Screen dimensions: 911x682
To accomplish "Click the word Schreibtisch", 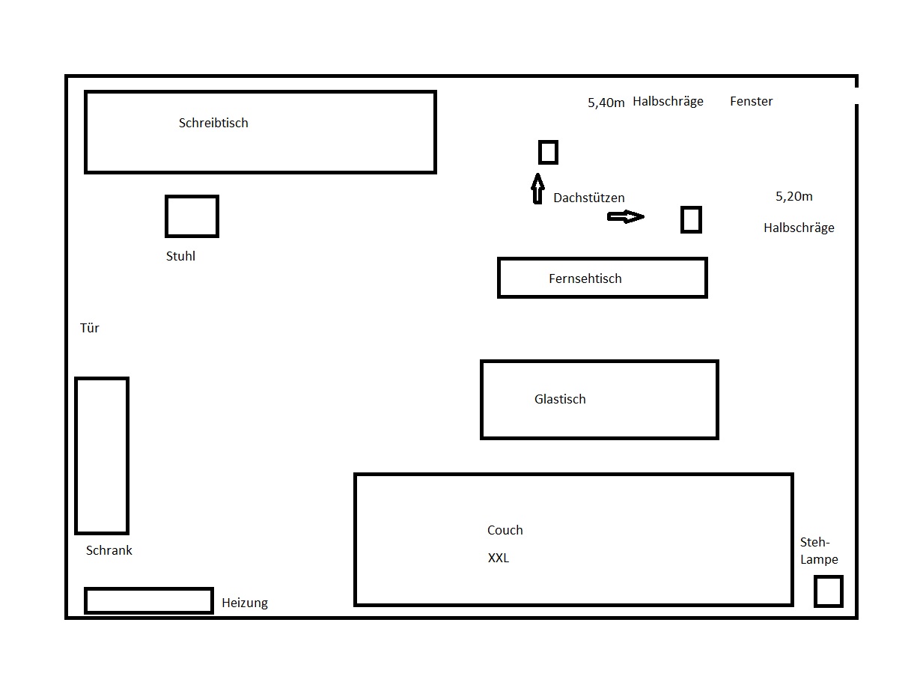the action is click(213, 123).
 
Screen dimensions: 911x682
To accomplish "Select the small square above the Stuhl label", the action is click(192, 216).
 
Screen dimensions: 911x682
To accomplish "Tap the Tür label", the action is click(89, 328).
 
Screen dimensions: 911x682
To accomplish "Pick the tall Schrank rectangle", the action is click(102, 455).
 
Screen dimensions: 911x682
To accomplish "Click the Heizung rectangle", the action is click(148, 600).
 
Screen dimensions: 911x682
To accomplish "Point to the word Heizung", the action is click(245, 603).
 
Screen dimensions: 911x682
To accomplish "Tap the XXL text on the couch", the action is click(499, 558).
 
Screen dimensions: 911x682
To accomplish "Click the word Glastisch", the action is click(560, 399).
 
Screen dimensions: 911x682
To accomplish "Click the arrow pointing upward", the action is click(537, 189).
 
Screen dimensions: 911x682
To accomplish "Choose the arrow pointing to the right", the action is click(625, 217).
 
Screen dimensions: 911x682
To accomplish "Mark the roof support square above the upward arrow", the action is click(548, 152).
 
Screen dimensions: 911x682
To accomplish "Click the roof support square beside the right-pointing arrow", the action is click(691, 220).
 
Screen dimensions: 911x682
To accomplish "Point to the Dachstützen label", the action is click(589, 198).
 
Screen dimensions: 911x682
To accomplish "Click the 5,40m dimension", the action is click(606, 103).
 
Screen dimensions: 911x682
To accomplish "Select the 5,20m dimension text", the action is click(794, 197).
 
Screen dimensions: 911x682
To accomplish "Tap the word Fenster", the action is click(751, 101).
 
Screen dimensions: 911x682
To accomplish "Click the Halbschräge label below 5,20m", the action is click(799, 228).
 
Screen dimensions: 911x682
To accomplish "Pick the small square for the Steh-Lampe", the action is click(828, 591).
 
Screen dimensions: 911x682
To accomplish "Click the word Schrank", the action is click(109, 550).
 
